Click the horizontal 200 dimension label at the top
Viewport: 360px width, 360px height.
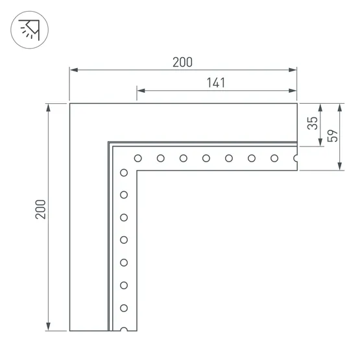(x=182, y=62)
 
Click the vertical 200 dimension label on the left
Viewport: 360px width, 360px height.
(x=41, y=209)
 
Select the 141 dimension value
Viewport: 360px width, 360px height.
(x=216, y=82)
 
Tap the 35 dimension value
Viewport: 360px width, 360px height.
(x=313, y=123)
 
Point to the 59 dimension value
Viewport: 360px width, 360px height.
(x=333, y=136)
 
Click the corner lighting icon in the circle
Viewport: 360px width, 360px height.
(x=30, y=30)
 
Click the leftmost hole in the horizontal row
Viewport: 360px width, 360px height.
(x=138, y=158)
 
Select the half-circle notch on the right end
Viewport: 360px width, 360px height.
(x=296, y=158)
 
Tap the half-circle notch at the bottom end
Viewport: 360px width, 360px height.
(x=124, y=330)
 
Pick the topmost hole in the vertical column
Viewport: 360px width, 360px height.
(x=124, y=173)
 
